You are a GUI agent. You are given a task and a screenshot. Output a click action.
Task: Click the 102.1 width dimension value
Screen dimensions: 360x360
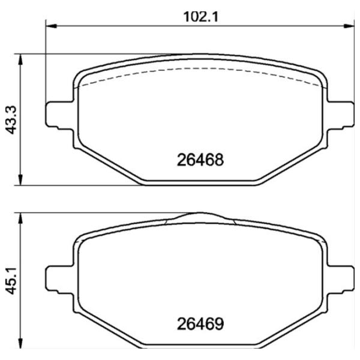(x=200, y=17)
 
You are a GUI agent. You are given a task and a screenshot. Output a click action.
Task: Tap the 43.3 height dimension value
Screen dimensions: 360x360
(x=11, y=119)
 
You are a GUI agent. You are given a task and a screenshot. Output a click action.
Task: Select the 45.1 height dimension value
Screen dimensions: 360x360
(x=11, y=281)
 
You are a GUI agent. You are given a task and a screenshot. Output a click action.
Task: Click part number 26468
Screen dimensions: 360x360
(x=200, y=160)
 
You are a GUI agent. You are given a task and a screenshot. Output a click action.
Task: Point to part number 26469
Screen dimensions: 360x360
(x=200, y=324)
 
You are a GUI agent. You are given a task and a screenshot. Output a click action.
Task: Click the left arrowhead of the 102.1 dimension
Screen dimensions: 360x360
(x=51, y=26)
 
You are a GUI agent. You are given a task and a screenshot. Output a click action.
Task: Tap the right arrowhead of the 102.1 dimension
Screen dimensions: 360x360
(x=349, y=26)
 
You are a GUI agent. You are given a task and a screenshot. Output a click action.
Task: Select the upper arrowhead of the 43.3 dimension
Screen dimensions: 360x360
(x=20, y=59)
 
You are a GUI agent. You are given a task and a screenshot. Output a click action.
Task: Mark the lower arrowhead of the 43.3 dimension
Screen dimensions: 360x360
(x=20, y=179)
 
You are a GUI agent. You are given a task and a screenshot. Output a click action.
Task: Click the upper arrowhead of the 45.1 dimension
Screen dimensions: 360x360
(x=20, y=218)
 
